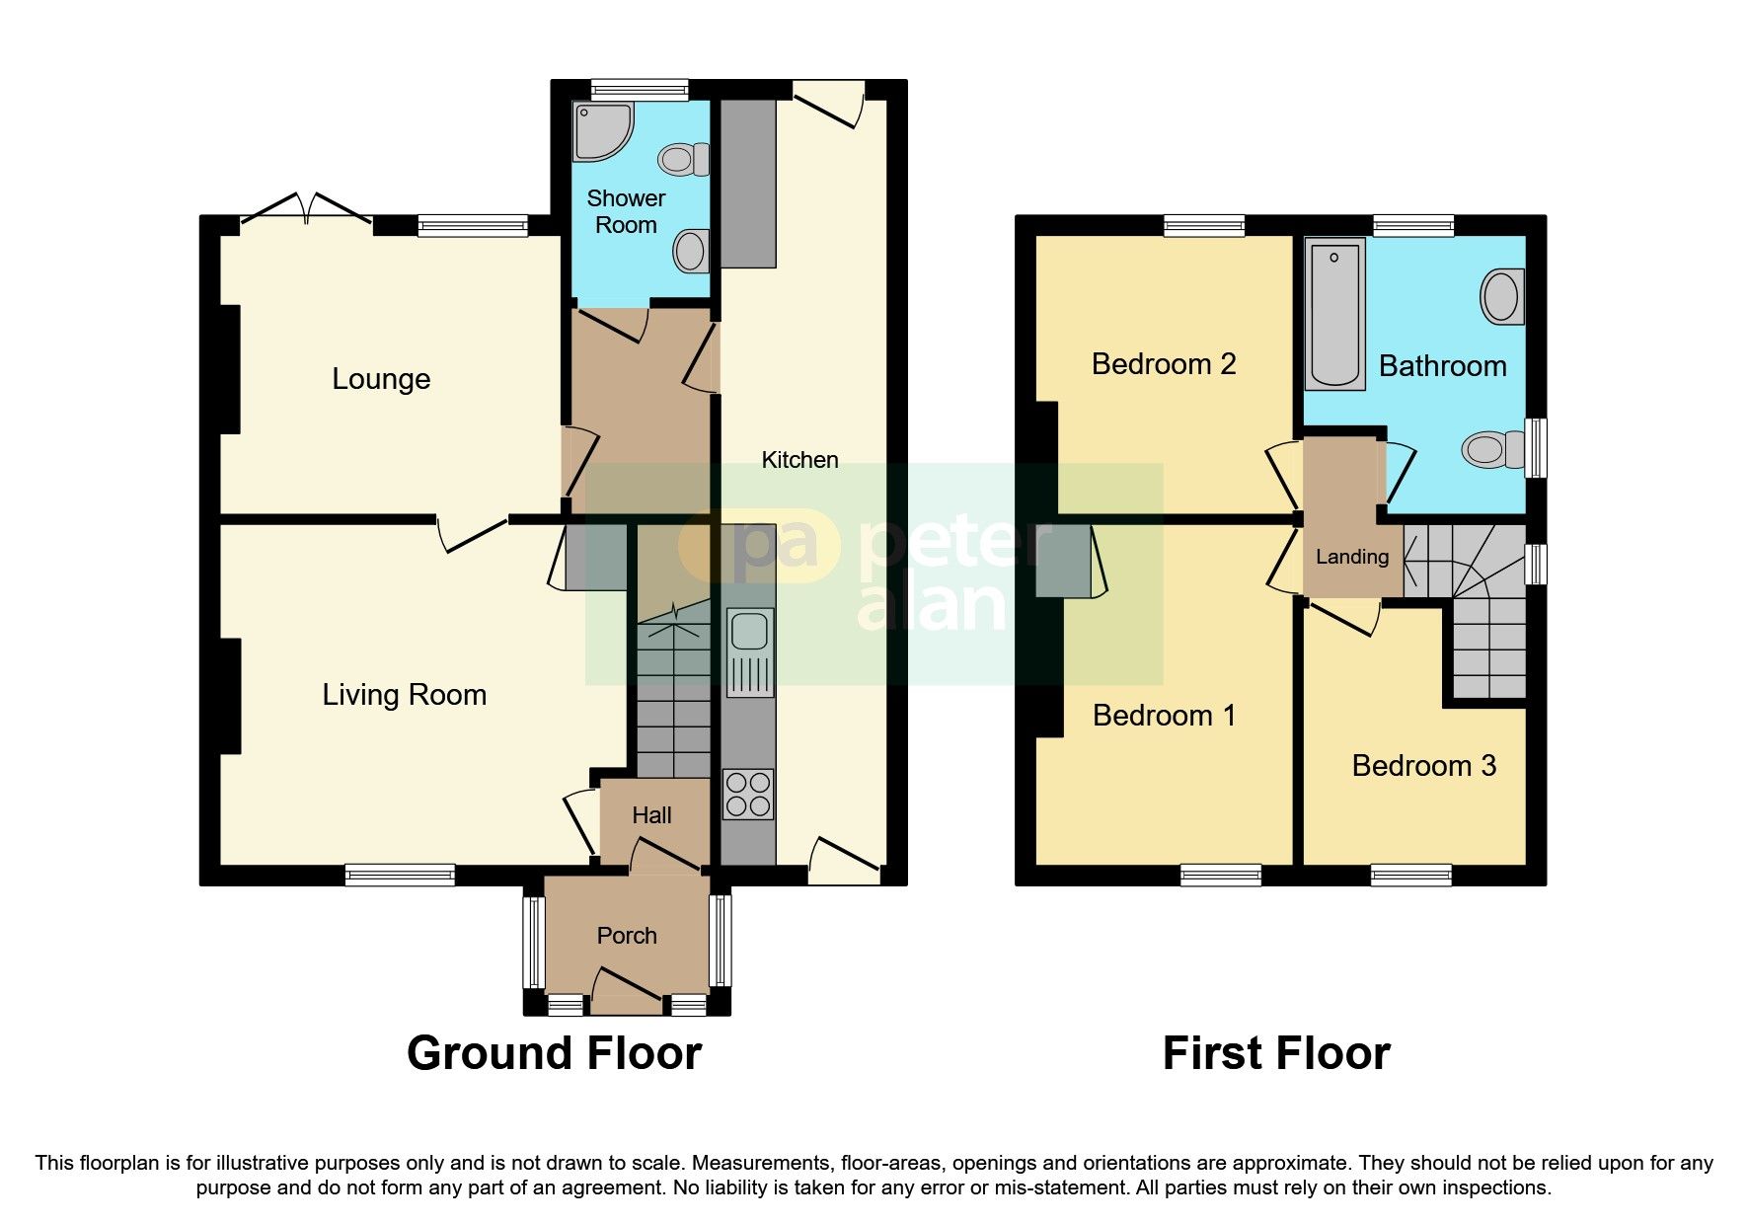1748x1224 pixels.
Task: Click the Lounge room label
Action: point(381,379)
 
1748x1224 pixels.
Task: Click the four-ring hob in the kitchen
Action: point(748,795)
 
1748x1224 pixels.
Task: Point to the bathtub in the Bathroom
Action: point(1334,313)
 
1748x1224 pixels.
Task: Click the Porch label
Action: point(627,936)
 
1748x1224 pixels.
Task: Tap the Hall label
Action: point(651,815)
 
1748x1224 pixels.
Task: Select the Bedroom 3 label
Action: point(1423,766)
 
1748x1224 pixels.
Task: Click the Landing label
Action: point(1351,557)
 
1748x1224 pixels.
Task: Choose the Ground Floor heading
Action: point(554,1053)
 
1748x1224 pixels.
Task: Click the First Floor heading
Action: point(1275,1053)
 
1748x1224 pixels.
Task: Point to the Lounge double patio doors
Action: point(306,209)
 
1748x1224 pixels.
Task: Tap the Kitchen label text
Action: point(799,460)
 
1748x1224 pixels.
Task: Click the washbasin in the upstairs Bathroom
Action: point(1501,296)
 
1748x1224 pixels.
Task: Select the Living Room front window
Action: point(400,875)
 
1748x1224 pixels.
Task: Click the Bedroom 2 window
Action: point(1203,226)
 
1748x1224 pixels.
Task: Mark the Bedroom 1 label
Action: point(1164,716)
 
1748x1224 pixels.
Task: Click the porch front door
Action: point(627,990)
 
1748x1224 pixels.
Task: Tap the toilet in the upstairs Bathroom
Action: point(1491,450)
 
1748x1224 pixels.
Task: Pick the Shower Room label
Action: point(626,211)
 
